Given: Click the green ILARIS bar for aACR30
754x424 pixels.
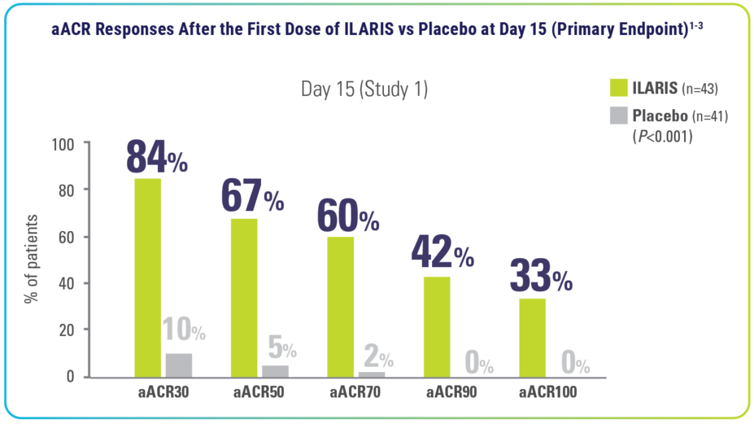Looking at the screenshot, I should coord(148,277).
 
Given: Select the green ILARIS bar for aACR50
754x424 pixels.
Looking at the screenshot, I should coord(244,297).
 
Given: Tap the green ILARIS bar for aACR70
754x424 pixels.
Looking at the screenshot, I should coord(340,306).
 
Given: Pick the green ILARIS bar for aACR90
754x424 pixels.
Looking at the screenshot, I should coord(437,326).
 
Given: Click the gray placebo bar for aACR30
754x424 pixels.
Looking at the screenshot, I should coord(179,365).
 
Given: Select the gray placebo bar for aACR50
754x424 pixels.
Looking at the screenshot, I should coord(275,370).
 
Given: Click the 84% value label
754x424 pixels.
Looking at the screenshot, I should coord(157,158).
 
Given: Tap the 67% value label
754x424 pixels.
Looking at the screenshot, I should coord(252,196).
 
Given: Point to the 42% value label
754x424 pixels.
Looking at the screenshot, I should coord(443,255).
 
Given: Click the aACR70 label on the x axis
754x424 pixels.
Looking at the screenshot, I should coord(355,393).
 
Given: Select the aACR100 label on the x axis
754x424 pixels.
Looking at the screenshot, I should coord(548,393).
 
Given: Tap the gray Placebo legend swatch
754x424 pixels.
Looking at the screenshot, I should coord(620,116).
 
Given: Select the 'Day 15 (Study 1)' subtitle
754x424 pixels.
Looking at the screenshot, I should coord(364,90).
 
